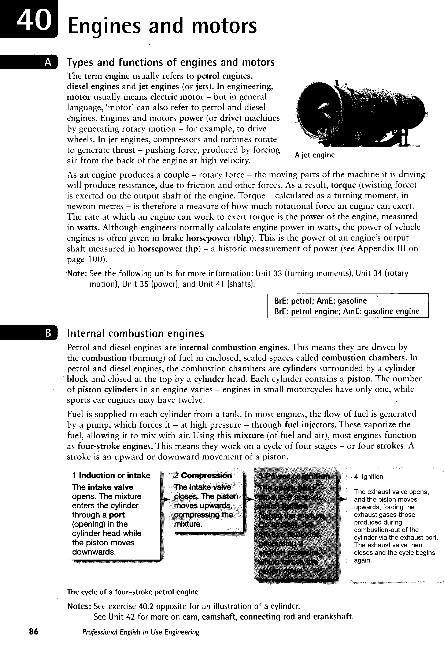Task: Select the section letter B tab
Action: (48, 333)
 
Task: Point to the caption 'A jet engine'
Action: (314, 155)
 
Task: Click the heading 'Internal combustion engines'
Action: (136, 333)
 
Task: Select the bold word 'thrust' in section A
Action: (124, 150)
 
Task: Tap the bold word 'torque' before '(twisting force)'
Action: (343, 185)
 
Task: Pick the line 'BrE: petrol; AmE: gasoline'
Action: (320, 301)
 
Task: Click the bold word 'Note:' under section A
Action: (77, 273)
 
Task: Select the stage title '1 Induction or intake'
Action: (111, 476)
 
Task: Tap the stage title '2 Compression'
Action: (203, 476)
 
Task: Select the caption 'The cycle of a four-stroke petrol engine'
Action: (133, 592)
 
